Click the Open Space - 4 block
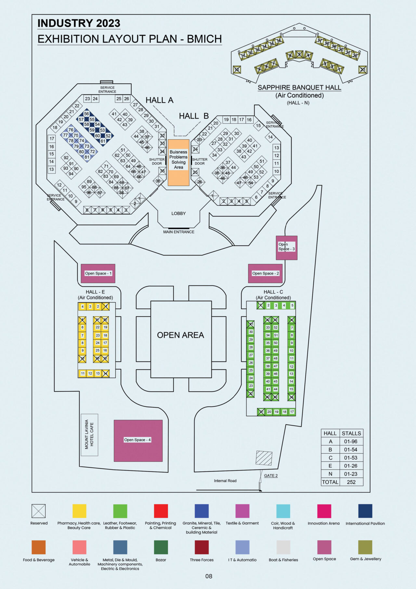point(138,440)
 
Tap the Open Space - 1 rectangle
point(98,273)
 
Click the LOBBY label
point(178,213)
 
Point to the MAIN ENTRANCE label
point(179,232)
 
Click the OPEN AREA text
point(180,335)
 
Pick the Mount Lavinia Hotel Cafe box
point(89,434)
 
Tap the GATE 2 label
point(271,476)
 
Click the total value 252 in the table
point(351,482)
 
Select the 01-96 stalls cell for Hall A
point(351,442)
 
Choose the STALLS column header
point(351,433)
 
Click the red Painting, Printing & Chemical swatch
point(161,511)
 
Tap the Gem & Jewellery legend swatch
point(365,547)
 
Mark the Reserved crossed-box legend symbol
point(39,511)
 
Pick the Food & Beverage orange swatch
point(39,547)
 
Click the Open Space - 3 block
point(286,247)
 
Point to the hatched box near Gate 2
point(264,458)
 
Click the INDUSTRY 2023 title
point(79,23)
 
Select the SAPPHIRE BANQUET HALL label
point(299,88)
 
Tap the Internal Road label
point(225,481)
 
